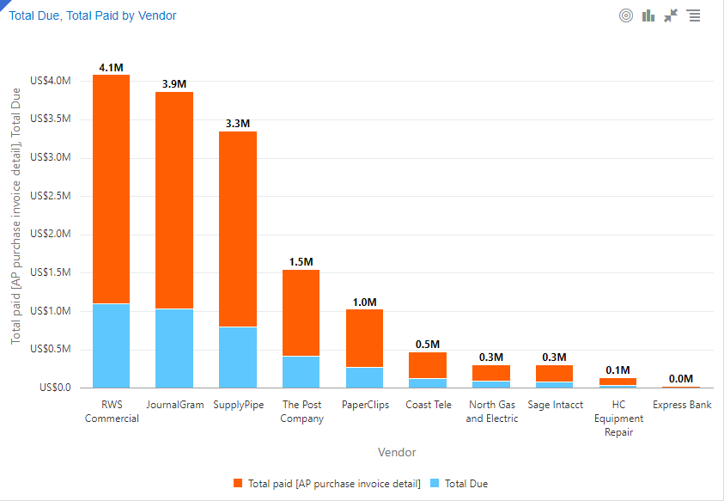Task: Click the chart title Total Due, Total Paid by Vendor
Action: [x=93, y=15]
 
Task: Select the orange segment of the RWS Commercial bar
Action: [x=112, y=189]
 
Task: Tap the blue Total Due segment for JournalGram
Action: [x=174, y=348]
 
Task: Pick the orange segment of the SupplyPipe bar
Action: [x=238, y=229]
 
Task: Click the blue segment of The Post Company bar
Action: [x=301, y=371]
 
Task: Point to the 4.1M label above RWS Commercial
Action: [x=112, y=67]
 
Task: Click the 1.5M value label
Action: [x=301, y=262]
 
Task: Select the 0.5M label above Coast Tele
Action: [x=428, y=345]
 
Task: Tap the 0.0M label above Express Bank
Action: [x=681, y=379]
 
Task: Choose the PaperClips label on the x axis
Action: [x=365, y=405]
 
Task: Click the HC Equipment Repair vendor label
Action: [x=618, y=419]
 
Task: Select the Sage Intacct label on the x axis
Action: [x=555, y=405]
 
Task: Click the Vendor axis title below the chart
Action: [x=396, y=452]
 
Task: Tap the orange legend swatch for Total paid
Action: [x=238, y=484]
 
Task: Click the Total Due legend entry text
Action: [x=466, y=484]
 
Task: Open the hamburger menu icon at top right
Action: [x=694, y=15]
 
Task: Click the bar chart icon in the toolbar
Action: [x=648, y=15]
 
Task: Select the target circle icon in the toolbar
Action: [x=626, y=15]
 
